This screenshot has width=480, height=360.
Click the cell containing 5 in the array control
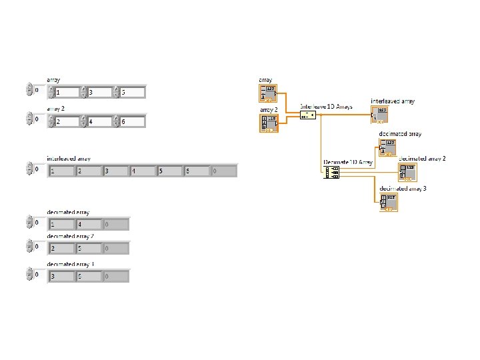tap(132, 93)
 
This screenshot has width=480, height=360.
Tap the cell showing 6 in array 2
tap(132, 121)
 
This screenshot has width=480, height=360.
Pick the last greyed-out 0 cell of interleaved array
tap(223, 171)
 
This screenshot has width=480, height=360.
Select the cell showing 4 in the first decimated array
tap(89, 224)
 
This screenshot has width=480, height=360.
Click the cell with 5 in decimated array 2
tap(89, 249)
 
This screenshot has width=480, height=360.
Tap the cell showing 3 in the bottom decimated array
tap(61, 276)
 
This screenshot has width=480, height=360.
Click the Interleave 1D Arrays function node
tap(307, 115)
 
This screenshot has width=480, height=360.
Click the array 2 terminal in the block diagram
tap(269, 123)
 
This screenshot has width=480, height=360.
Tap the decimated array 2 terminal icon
tap(407, 173)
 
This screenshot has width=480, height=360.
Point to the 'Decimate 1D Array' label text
tap(347, 162)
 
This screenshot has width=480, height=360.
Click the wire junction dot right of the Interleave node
tap(321, 115)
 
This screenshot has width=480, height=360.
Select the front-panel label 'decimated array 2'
tap(70, 237)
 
